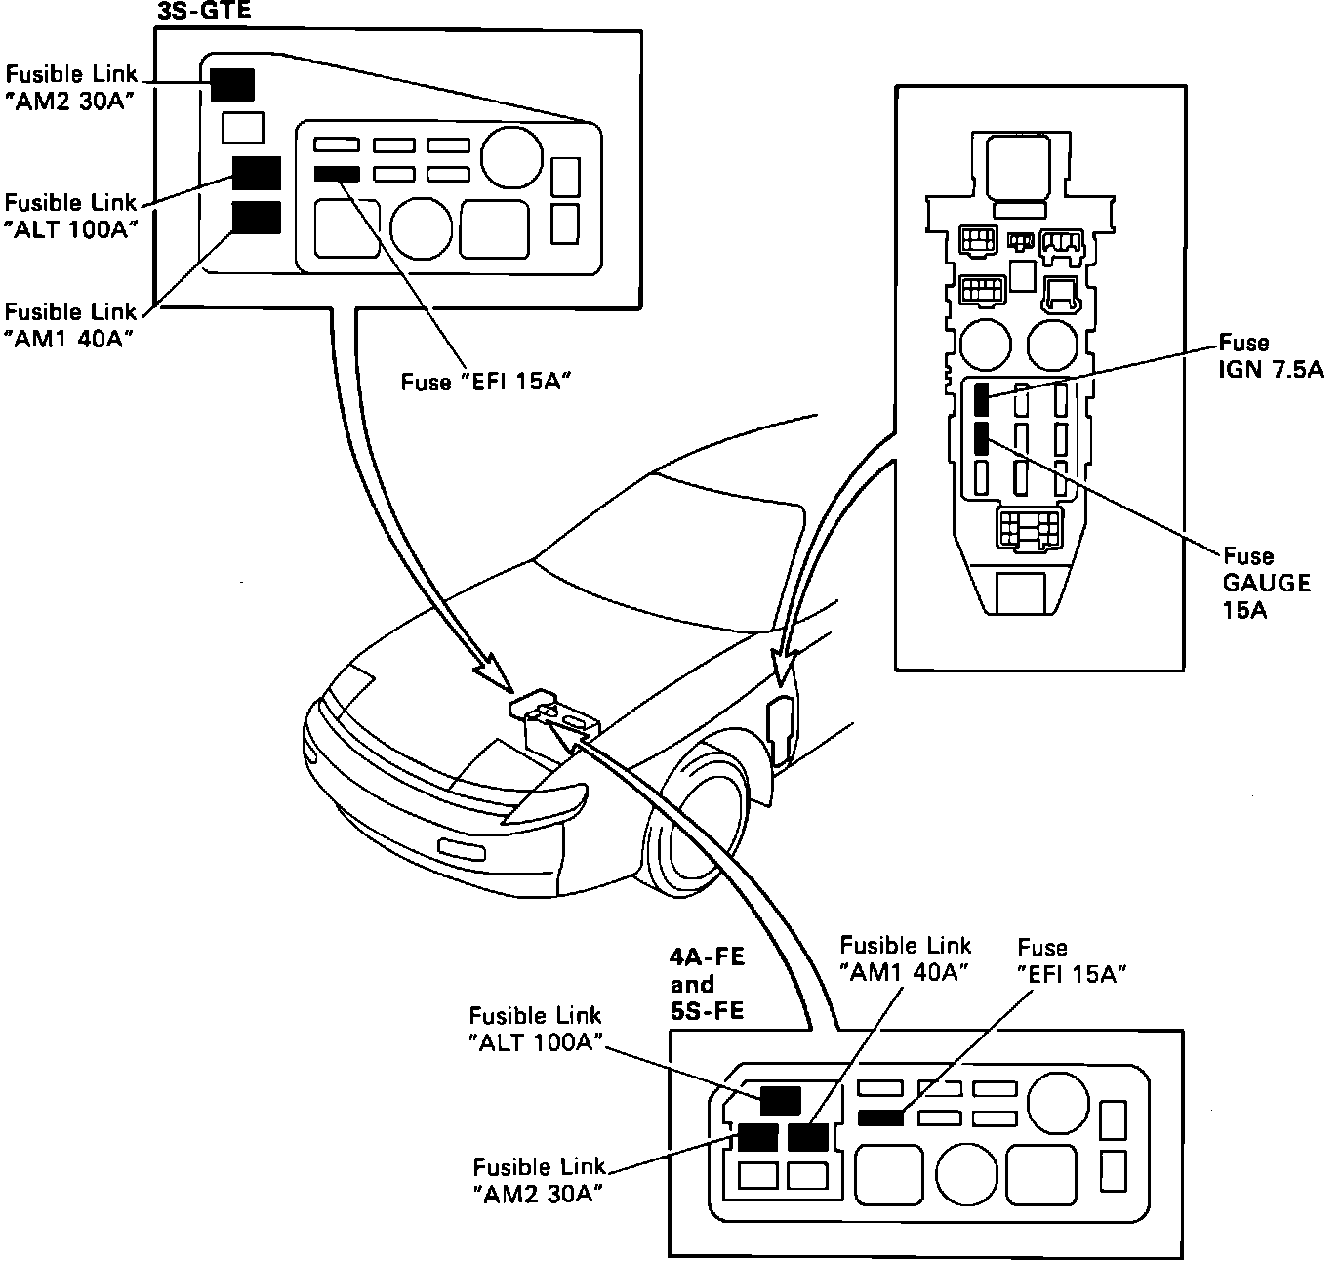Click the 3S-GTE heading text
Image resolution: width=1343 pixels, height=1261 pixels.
coord(204,10)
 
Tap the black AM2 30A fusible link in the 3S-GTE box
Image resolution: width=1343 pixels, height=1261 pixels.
coord(232,85)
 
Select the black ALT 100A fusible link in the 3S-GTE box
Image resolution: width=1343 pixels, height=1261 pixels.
coord(257,173)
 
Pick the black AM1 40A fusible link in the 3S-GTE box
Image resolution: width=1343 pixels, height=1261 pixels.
coord(257,217)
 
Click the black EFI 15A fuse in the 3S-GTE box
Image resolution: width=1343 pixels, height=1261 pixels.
coord(337,174)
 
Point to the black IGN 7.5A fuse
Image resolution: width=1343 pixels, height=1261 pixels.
coord(981,399)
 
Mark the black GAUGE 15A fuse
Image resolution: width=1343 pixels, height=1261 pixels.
coord(981,437)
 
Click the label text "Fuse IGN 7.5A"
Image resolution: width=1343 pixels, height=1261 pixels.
coord(1271,356)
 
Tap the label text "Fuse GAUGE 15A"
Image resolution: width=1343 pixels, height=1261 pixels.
coord(1267,583)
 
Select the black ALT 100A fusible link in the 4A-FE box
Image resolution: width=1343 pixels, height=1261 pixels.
coord(781,1101)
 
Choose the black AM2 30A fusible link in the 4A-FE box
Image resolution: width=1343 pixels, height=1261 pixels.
coord(757,1137)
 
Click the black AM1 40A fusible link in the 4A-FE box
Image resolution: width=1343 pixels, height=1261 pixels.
coord(808,1137)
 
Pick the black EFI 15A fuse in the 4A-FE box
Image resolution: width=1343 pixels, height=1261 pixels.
coord(880,1119)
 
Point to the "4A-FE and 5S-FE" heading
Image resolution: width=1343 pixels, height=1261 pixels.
coord(707,984)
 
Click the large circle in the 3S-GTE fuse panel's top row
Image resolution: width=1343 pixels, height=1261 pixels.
coord(511,157)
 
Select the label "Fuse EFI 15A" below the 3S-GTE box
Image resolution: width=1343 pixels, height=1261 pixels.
coord(486,383)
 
